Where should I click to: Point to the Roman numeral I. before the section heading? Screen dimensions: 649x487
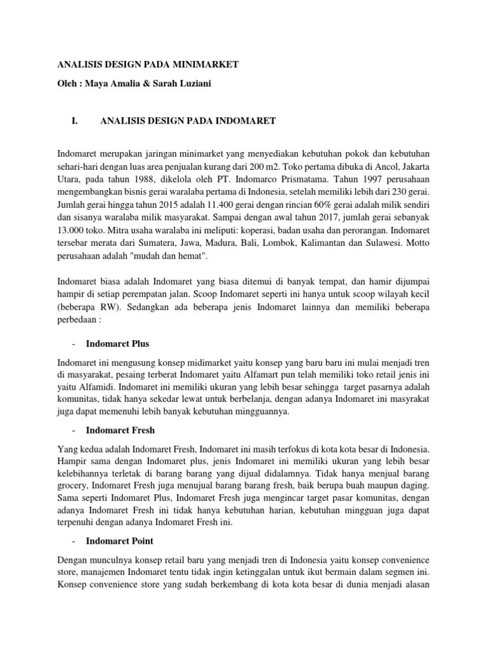[x=73, y=121]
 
